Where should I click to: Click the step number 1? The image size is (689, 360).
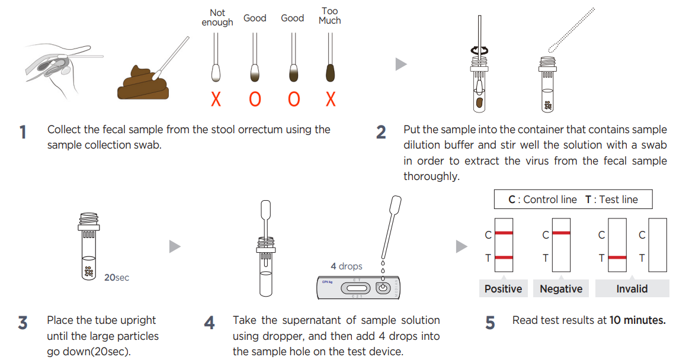pos(23,132)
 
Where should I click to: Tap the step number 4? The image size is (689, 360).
pos(209,323)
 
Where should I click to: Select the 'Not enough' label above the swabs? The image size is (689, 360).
pos(217,18)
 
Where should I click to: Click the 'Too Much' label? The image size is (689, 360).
pos(330,16)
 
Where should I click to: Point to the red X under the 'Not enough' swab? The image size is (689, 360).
pos(216,99)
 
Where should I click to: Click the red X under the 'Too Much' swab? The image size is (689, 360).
pos(331,99)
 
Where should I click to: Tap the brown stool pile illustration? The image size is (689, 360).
pos(143,85)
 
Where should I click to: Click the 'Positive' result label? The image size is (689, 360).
pos(503,289)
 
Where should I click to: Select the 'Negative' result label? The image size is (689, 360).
pos(560,289)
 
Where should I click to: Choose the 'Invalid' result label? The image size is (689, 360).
pos(632,289)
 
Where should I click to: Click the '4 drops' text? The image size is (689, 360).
pos(347,266)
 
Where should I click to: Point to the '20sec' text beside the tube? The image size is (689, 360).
pos(117,277)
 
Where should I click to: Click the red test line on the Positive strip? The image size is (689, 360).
pos(504,258)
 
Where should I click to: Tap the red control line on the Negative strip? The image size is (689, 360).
pos(560,233)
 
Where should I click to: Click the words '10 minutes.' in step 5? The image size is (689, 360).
pos(637,320)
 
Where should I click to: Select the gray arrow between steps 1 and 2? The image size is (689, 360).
pos(401,64)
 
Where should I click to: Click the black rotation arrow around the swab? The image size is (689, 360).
pos(478,52)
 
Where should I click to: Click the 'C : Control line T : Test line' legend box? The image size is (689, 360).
pos(573,200)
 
